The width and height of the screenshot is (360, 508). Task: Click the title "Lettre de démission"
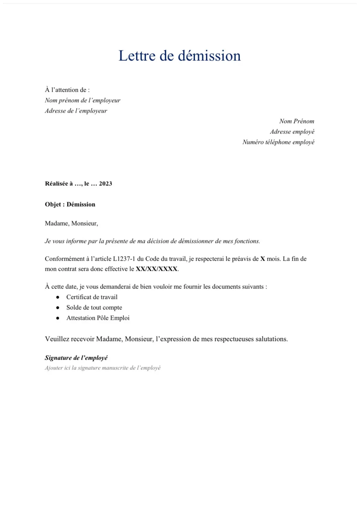(180, 56)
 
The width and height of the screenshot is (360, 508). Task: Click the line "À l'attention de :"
(67, 90)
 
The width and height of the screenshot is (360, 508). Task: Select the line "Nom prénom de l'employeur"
(82, 101)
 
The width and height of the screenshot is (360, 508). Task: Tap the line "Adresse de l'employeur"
(76, 111)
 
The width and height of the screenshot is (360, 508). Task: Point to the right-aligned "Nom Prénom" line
(296, 121)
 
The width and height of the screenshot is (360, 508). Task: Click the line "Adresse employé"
(292, 132)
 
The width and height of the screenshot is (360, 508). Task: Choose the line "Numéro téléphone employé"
(278, 142)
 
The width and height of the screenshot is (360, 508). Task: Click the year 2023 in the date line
(106, 184)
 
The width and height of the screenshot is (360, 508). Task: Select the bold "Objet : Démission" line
(70, 205)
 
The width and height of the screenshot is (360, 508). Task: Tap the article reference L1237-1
(124, 259)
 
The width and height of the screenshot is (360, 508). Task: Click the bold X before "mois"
(263, 259)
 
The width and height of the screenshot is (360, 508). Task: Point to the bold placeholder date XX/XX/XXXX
(156, 269)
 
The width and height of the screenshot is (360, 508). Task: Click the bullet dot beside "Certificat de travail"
(58, 297)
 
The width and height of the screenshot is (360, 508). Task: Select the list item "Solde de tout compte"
(94, 308)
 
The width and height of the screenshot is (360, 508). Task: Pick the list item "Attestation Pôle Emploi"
(98, 318)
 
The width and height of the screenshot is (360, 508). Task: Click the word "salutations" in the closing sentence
(271, 339)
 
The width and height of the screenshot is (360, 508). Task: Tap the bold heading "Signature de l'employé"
(76, 358)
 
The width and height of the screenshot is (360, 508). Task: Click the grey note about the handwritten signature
(103, 368)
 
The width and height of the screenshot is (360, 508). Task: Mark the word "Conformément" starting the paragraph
(65, 259)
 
